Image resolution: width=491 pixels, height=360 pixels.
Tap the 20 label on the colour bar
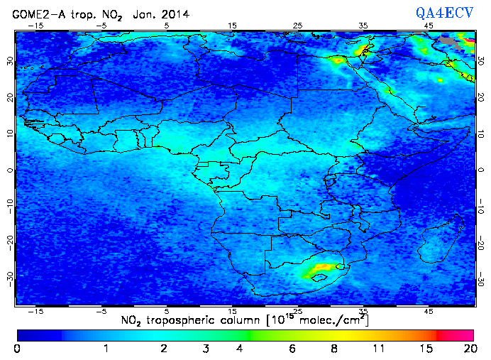tap(468, 349)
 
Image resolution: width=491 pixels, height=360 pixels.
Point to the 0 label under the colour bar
tap(17, 349)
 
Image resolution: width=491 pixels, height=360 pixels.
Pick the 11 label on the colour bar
tap(377, 349)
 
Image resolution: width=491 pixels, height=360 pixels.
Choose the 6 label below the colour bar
tap(292, 349)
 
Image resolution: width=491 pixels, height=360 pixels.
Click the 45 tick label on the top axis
tap(429, 25)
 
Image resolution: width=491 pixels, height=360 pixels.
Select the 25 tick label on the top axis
tap(297, 25)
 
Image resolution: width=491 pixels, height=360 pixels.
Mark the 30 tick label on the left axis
tap(9, 61)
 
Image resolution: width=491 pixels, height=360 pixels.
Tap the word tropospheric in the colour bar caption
tap(189, 320)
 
